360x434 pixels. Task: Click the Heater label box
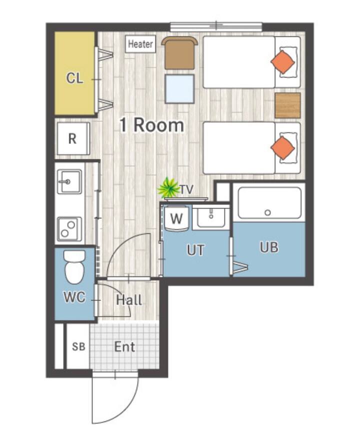point(140,44)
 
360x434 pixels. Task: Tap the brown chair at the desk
point(179,53)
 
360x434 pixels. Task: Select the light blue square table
point(179,89)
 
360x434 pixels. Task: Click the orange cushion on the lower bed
point(282,148)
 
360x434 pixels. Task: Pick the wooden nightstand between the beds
point(287,106)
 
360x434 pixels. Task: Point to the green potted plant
point(168,188)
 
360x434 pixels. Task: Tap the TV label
point(187,190)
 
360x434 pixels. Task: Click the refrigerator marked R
point(73,138)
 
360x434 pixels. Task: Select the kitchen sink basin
point(69,182)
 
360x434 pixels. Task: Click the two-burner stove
point(69,229)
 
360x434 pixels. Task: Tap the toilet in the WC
point(74,267)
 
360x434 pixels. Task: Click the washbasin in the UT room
point(211,218)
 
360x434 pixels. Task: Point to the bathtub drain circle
point(267,213)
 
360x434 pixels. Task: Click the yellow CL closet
point(74,73)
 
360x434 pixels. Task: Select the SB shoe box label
point(78,346)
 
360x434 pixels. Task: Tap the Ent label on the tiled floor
point(124,347)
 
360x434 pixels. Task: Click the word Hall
point(129,300)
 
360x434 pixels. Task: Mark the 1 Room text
point(152,125)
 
